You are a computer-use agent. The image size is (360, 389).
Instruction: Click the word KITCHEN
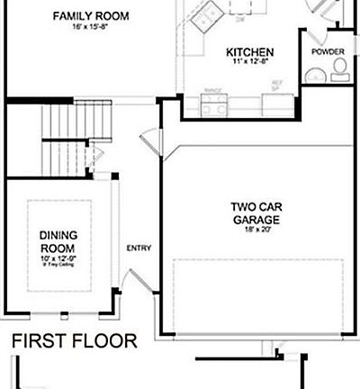pyautogui.click(x=249, y=52)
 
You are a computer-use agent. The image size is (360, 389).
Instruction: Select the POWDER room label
pyautogui.click(x=328, y=52)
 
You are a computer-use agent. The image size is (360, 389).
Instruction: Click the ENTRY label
pyautogui.click(x=139, y=249)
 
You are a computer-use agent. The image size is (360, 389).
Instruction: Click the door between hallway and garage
pyautogui.click(x=147, y=147)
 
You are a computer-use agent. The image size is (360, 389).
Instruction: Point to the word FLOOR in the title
pyautogui.click(x=107, y=342)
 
